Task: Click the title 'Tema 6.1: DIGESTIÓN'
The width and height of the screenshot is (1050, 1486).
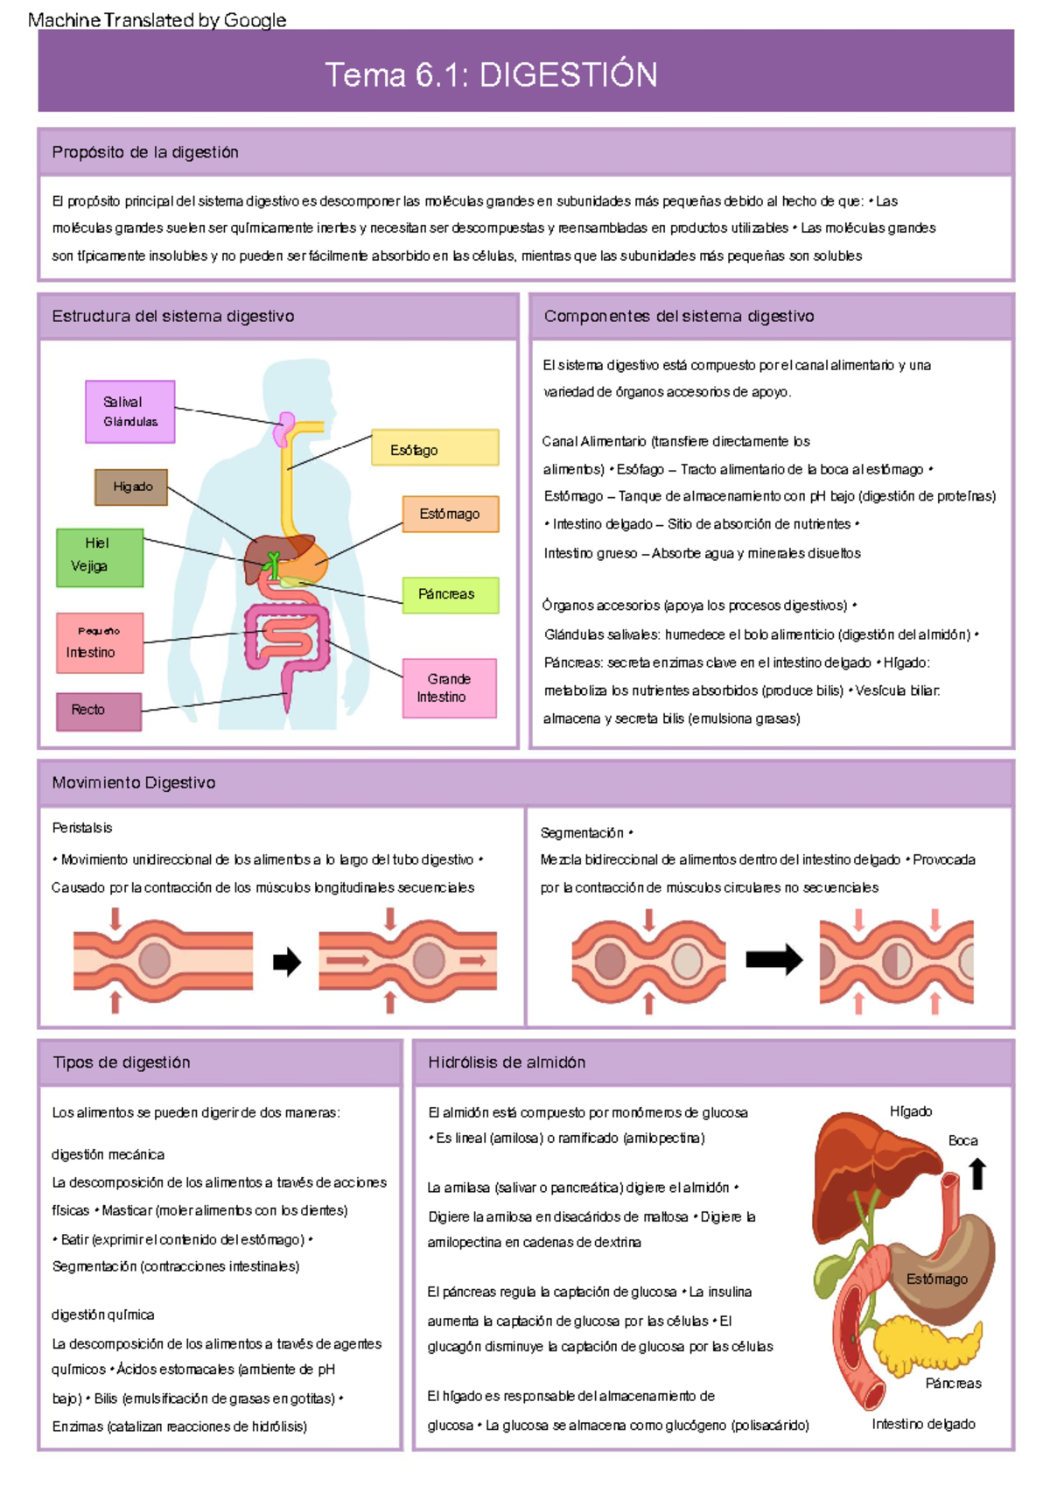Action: [x=491, y=75]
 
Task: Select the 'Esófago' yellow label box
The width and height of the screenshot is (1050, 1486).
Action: [x=435, y=448]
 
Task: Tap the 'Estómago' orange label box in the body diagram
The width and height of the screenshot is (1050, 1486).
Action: [x=450, y=514]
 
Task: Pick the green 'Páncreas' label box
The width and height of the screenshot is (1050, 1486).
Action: [x=450, y=594]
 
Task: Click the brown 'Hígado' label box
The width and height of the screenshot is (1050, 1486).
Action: [x=131, y=487]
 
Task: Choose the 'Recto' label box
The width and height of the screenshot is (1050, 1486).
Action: [x=99, y=711]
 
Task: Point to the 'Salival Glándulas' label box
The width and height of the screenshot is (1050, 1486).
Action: [x=130, y=411]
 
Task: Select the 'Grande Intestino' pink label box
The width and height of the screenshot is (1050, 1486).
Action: [x=450, y=688]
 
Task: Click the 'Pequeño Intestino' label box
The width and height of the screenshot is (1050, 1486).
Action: [x=100, y=642]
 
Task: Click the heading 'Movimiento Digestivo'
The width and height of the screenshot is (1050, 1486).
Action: [x=134, y=782]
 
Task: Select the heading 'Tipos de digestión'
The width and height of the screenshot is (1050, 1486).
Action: [x=122, y=1062]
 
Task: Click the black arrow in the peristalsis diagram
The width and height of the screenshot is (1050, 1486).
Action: [x=286, y=962]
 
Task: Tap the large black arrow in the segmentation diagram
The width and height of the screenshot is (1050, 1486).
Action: [x=773, y=959]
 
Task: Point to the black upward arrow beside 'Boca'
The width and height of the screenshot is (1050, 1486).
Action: [x=978, y=1174]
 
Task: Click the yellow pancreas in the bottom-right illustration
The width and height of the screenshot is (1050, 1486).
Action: [x=927, y=1343]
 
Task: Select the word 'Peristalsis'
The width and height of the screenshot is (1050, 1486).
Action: [x=82, y=828]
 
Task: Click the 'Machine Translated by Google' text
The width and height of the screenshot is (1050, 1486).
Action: [x=157, y=20]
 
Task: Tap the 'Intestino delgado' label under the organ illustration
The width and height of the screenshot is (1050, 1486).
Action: [x=923, y=1424]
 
